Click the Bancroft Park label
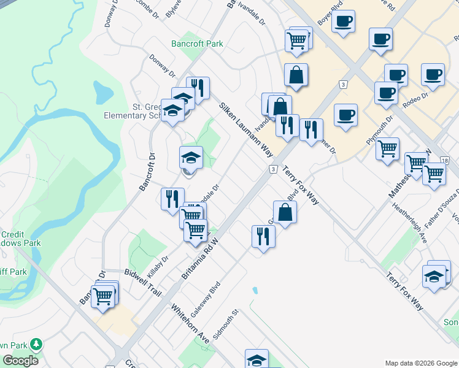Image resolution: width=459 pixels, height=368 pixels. tap(196, 44)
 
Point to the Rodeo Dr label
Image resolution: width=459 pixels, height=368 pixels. tap(416, 100)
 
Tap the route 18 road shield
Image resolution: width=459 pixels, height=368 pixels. tap(444, 160)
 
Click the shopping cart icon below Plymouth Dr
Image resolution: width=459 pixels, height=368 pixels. tap(387, 148)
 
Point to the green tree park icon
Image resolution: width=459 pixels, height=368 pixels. tap(37, 345)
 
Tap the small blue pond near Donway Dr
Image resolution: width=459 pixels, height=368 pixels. tap(102, 92)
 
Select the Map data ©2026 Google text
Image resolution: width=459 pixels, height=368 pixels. tap(420, 363)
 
